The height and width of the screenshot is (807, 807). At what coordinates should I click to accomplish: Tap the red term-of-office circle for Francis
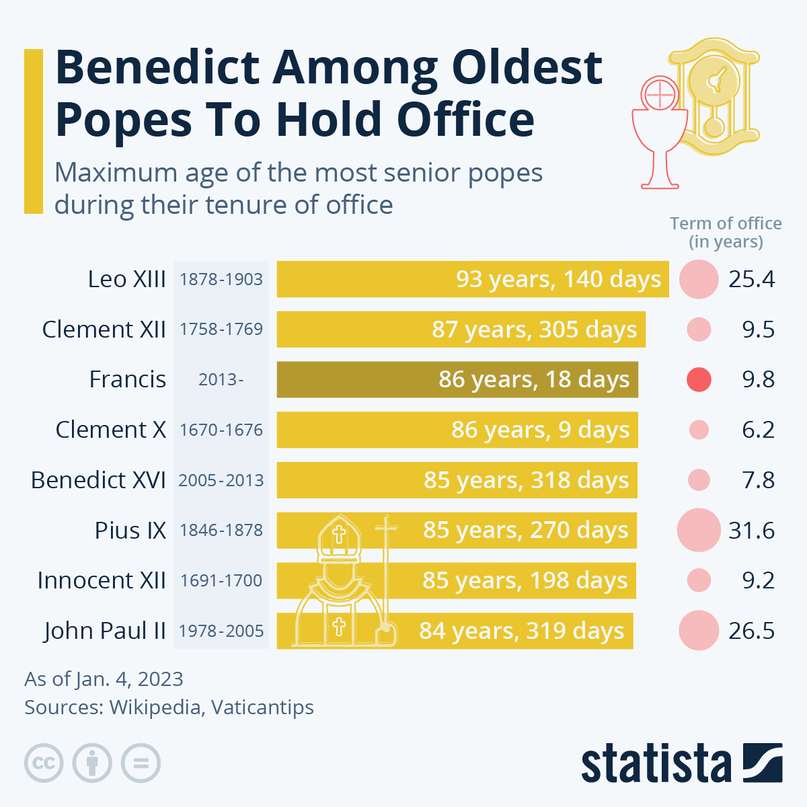point(699,379)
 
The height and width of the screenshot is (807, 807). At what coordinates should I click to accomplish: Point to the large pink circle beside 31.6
point(699,530)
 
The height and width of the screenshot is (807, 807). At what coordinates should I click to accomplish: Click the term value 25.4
point(751,279)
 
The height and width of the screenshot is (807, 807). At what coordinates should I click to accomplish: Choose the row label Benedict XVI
point(98,480)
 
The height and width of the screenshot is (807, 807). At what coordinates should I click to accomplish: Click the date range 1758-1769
point(221,330)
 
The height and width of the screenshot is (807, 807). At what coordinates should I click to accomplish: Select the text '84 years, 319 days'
point(522,631)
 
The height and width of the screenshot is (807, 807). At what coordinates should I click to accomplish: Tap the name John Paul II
point(105,631)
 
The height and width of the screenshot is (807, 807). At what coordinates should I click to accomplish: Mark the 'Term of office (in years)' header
point(726,233)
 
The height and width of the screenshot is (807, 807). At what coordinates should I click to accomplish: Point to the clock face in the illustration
point(714,81)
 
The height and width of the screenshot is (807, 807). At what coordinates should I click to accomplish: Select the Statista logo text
point(656,764)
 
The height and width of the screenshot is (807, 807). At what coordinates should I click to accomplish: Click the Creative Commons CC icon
point(44,763)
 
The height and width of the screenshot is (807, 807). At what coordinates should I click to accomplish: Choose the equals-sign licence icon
point(141,763)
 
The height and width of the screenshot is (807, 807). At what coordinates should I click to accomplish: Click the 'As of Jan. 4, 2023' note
point(104,679)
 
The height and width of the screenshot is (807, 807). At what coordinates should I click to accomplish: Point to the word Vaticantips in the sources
point(262,707)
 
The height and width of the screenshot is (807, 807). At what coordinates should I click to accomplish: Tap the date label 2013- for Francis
point(221,379)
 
